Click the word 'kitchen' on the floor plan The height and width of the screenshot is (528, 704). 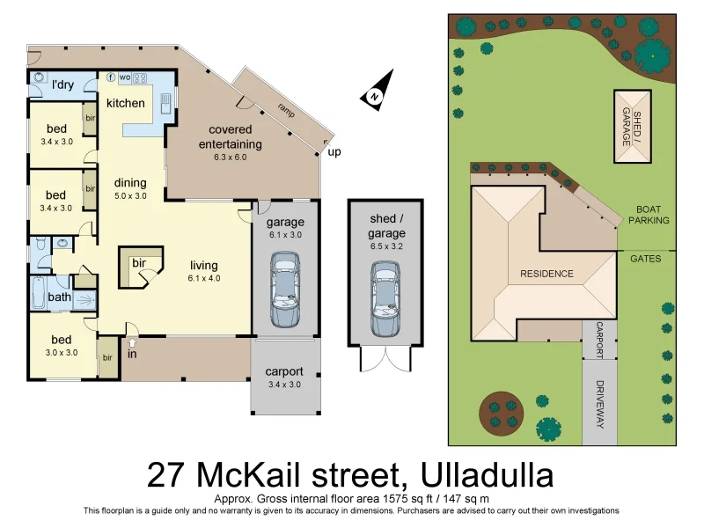126,103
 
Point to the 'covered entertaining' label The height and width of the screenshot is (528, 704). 230,137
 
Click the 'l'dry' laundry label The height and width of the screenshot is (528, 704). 62,84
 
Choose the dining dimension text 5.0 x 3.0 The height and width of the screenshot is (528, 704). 130,196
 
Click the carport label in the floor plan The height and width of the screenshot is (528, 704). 284,370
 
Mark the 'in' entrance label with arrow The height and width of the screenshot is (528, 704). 132,354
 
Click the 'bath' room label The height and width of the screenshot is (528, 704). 59,297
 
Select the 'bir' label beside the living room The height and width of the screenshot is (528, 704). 138,263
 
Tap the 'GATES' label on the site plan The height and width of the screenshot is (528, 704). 646,259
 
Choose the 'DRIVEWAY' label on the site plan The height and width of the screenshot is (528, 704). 600,404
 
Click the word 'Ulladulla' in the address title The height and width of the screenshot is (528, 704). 488,476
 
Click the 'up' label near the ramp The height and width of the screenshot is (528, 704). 334,151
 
